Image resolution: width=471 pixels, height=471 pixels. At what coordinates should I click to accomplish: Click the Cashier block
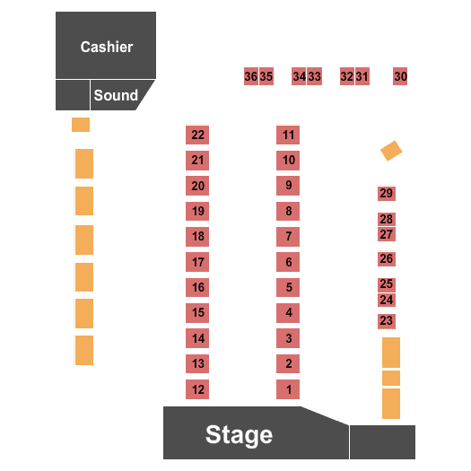(x=106, y=46)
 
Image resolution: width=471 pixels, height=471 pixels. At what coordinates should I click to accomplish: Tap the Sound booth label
(x=116, y=95)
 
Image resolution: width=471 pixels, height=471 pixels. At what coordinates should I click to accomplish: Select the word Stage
(x=239, y=435)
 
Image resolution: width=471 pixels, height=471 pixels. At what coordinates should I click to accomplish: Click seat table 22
(x=197, y=135)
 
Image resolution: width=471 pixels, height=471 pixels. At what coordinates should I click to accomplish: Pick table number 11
(x=288, y=135)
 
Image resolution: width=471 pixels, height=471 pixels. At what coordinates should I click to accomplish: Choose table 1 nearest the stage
(x=288, y=389)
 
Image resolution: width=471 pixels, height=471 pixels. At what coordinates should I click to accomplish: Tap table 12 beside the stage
(x=197, y=389)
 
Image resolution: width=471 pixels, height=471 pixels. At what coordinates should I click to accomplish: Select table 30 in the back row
(x=400, y=76)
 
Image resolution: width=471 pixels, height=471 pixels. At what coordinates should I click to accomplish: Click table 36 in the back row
(x=251, y=76)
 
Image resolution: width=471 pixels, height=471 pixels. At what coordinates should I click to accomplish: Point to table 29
(x=387, y=193)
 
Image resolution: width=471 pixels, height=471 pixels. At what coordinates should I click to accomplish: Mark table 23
(x=387, y=321)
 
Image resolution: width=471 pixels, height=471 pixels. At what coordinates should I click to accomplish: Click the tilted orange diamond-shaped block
(x=391, y=151)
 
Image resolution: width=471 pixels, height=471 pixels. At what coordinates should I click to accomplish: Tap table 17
(x=197, y=262)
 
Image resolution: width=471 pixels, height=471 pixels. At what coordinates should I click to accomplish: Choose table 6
(x=288, y=262)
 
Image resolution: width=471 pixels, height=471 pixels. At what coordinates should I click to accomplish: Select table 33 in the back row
(x=315, y=76)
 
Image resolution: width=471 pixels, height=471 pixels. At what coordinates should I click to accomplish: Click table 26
(x=387, y=258)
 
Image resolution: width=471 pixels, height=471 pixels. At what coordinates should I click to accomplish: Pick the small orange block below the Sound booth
(x=81, y=125)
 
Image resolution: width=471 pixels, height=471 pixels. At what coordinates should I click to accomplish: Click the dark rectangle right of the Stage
(x=383, y=442)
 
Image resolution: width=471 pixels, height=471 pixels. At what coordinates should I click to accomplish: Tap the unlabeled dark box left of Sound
(x=73, y=95)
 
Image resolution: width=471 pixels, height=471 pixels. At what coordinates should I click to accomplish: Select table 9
(x=288, y=186)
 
